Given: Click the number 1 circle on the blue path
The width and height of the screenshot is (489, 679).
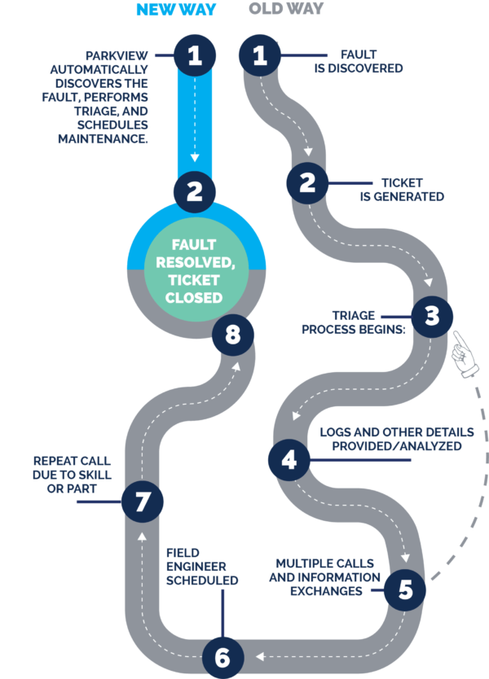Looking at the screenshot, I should [x=194, y=55].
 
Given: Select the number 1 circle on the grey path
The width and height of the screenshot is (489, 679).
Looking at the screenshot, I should [x=261, y=55].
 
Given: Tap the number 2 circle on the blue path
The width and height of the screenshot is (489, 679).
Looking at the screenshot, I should [x=194, y=191].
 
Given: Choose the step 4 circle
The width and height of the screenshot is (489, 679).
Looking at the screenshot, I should [x=288, y=462].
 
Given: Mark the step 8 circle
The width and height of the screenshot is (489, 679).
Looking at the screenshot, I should [x=232, y=335].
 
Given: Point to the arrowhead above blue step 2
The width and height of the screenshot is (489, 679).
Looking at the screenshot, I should [x=194, y=158].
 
